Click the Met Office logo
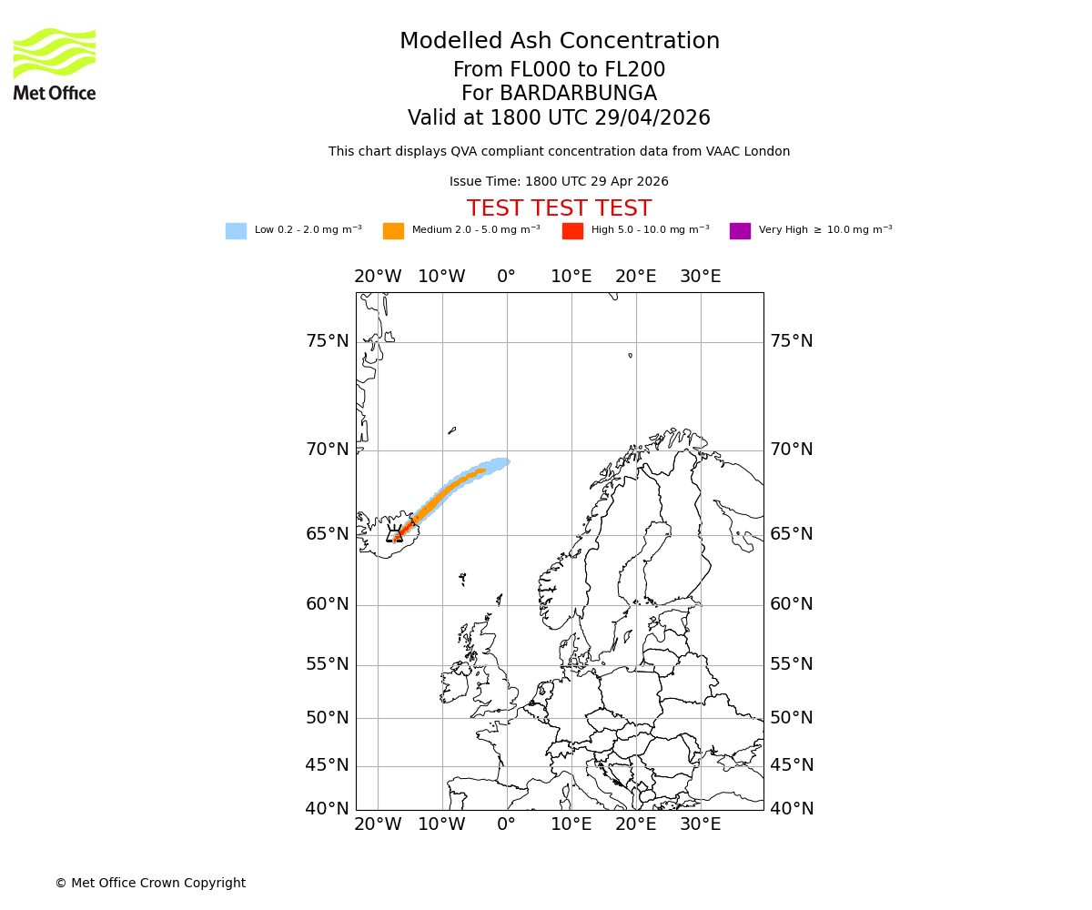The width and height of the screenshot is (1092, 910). coord(55,64)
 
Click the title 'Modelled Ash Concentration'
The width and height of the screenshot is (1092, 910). coord(559,42)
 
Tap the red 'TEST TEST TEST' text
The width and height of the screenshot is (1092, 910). coord(559,209)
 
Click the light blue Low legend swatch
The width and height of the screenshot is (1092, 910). coord(236,231)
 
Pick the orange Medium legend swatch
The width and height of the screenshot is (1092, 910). coord(393,231)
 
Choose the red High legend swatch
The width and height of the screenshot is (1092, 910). coord(572,231)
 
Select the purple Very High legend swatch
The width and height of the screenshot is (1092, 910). coord(740,231)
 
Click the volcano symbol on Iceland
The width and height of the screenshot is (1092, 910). coord(395,535)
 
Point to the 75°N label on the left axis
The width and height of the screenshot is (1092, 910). coord(327,341)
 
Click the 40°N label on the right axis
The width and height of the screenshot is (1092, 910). coord(792,809)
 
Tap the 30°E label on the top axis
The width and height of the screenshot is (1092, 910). coord(700,277)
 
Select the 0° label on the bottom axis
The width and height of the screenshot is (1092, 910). coord(506,825)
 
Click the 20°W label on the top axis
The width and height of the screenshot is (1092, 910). coord(378,277)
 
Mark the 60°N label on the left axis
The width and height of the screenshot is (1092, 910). coord(327,604)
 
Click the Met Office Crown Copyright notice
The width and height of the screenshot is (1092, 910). coord(150,884)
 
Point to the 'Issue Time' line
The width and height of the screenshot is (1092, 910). coord(559,182)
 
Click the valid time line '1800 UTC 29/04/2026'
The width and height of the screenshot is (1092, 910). coord(559,118)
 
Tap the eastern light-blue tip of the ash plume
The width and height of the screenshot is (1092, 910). coord(504,461)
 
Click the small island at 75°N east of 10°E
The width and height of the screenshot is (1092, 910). coord(630,355)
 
